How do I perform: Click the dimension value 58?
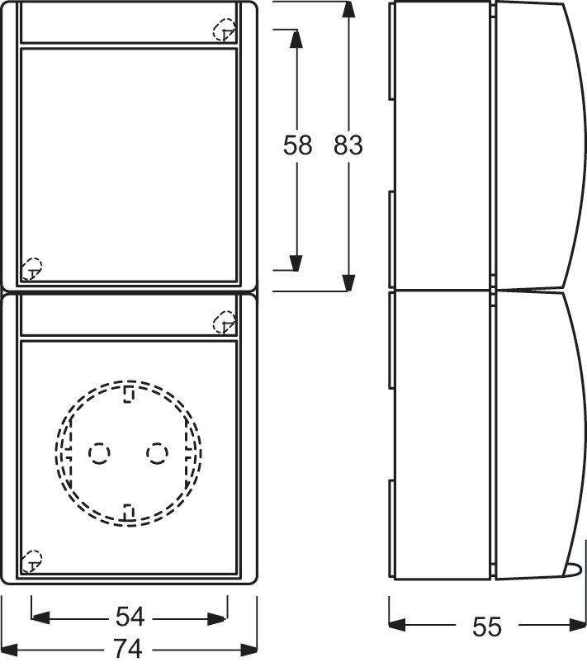(297, 145)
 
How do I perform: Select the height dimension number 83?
(348, 145)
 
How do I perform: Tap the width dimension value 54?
(130, 617)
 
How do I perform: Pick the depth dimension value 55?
(487, 627)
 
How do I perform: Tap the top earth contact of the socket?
(128, 394)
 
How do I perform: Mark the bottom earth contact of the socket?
(128, 513)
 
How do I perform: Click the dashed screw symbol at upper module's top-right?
(224, 31)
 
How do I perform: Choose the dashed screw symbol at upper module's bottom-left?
(31, 267)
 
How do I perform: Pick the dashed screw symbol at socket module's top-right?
(224, 323)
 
